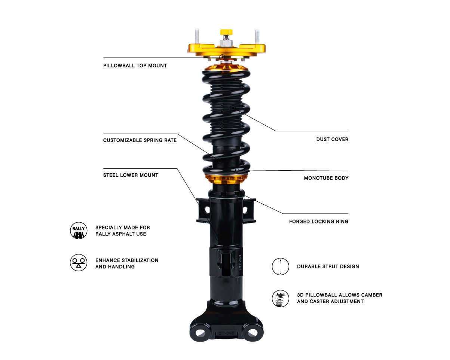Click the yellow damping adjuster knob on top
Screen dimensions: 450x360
tap(226, 32)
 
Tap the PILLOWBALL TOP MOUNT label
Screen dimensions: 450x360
tap(135, 66)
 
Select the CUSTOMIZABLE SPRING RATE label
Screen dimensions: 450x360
tap(140, 140)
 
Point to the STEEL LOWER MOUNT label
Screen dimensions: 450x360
tap(131, 175)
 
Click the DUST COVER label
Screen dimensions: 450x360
tap(332, 139)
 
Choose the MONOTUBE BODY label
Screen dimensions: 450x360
tap(326, 178)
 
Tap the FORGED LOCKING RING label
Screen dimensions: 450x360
tap(319, 222)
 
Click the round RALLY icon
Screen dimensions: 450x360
tap(79, 231)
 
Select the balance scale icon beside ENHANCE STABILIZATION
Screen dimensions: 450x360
tap(79, 263)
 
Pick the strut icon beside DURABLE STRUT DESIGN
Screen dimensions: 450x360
tap(281, 266)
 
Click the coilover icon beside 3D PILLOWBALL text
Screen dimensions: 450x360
tap(281, 299)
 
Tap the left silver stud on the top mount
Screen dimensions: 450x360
tap(197, 36)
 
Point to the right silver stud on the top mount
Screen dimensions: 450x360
tap(257, 37)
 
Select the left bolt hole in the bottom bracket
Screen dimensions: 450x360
tap(200, 332)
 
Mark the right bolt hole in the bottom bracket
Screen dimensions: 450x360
tap(252, 332)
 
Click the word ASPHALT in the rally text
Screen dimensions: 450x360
tap(124, 234)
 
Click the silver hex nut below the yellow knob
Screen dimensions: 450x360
tap(226, 43)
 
